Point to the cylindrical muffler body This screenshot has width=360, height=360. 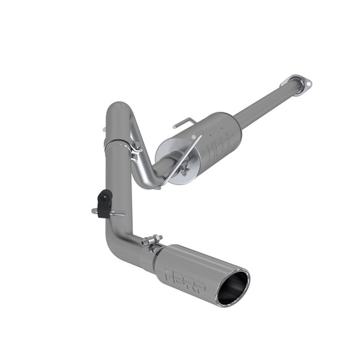211,140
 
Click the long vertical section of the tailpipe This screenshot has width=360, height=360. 117,186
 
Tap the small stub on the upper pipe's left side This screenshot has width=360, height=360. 105,130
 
